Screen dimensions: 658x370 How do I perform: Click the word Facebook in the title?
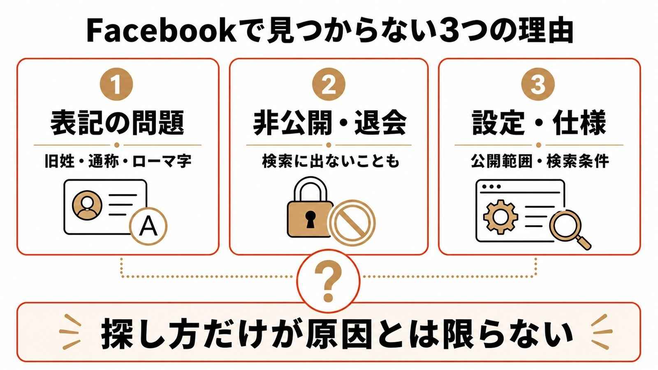click(161, 31)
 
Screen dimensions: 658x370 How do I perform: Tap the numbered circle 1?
click(117, 84)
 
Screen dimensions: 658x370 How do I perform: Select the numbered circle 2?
click(329, 84)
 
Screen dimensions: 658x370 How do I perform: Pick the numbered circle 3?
click(538, 84)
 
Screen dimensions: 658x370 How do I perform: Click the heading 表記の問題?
click(118, 123)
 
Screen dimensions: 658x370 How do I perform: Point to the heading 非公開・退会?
click(329, 123)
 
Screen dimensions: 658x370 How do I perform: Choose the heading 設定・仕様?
click(539, 123)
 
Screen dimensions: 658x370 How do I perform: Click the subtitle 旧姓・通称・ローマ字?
click(118, 161)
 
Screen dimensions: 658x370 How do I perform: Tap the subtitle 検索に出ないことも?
click(331, 161)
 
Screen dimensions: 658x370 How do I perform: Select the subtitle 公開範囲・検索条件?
click(540, 161)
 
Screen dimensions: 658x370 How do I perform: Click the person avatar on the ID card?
click(87, 205)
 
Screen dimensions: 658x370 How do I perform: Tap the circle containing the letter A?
click(148, 226)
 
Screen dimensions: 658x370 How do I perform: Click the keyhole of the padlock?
click(310, 219)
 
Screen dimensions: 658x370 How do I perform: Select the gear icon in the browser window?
click(500, 217)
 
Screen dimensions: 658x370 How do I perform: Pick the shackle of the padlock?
click(310, 190)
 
